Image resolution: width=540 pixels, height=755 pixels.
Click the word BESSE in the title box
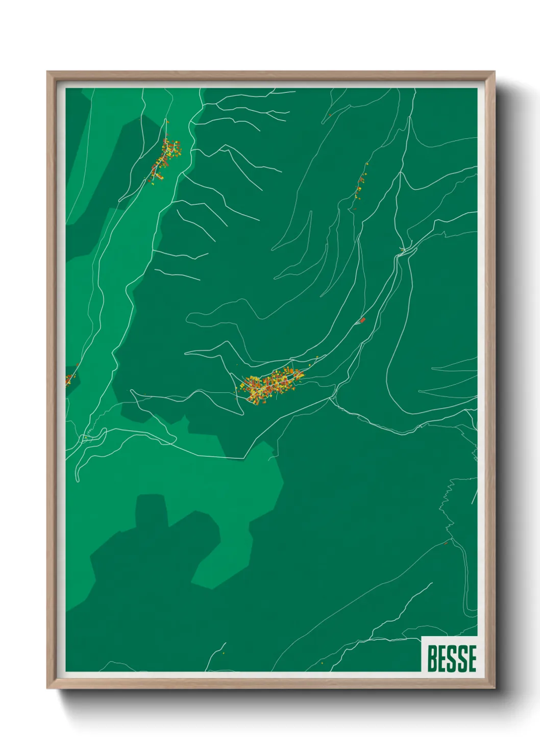click(x=452, y=658)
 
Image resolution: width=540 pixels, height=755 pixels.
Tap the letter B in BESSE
click(x=432, y=658)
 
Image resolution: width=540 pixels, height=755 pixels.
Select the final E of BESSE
click(x=472, y=658)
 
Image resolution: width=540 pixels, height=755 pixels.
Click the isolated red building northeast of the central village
click(x=363, y=320)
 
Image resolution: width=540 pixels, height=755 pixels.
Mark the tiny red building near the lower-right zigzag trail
click(x=446, y=543)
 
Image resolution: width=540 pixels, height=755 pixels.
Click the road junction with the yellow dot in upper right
click(x=403, y=249)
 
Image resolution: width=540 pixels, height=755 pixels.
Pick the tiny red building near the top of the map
click(x=330, y=115)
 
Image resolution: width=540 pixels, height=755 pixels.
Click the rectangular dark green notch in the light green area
click(x=152, y=510)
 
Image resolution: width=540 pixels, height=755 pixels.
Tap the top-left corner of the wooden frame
click(x=48, y=72)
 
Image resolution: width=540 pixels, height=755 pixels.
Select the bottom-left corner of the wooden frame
click(x=48, y=688)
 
